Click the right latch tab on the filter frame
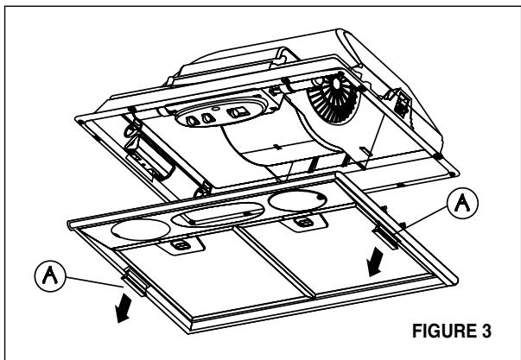(x=384, y=234)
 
